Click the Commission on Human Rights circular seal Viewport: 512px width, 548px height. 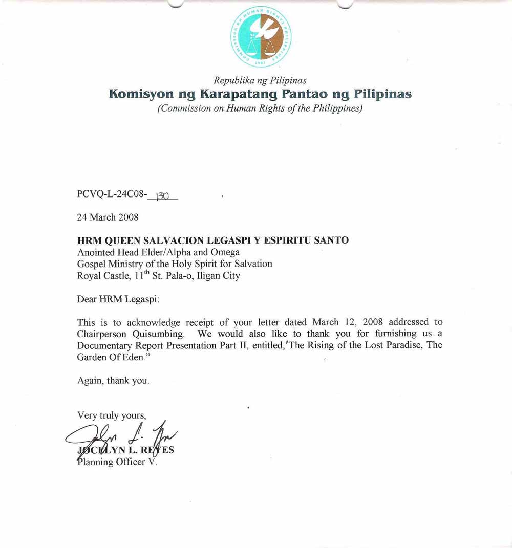pyautogui.click(x=260, y=36)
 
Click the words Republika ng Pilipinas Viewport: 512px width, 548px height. pyautogui.click(x=260, y=81)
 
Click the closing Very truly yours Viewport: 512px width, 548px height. pyautogui.click(x=112, y=415)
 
